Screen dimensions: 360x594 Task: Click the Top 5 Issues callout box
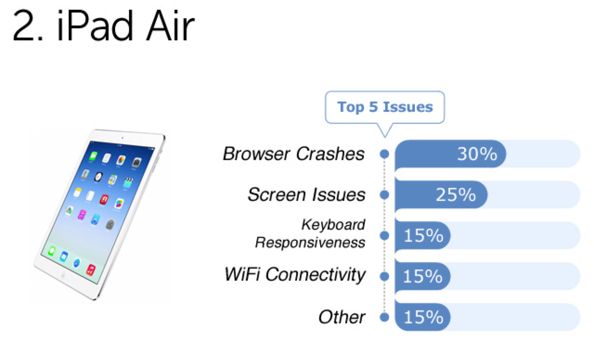385,107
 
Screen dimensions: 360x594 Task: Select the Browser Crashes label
294,154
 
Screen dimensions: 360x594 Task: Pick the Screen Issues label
306,194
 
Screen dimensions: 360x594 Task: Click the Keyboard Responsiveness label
310,233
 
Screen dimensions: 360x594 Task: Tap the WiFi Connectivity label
295,275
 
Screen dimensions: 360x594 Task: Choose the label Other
342,317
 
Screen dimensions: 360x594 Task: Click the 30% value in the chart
477,154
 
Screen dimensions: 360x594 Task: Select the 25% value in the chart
456,195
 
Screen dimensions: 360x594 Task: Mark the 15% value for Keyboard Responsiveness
423,236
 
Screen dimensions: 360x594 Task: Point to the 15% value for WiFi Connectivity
423,276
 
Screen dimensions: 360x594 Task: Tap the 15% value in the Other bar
423,317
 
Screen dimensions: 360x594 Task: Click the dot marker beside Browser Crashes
384,154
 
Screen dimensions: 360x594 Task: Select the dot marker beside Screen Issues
384,195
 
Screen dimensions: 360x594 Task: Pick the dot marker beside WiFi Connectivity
384,276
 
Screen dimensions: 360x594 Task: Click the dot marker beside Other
384,317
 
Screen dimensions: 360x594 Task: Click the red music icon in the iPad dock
91,269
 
